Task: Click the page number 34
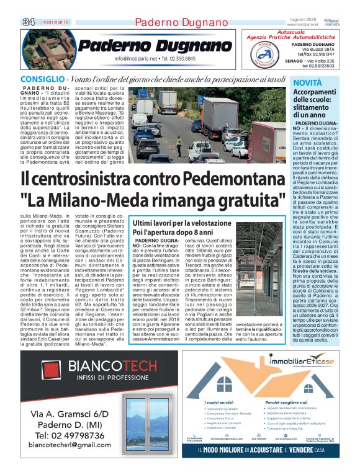click(x=28, y=22)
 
